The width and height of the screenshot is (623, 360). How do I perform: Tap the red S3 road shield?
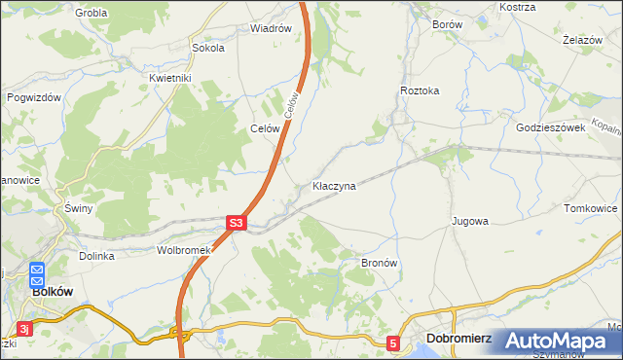(236, 223)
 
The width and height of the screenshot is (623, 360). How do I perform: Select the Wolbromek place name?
(184, 250)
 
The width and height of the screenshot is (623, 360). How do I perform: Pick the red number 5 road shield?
(392, 343)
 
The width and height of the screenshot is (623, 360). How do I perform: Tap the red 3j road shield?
(26, 329)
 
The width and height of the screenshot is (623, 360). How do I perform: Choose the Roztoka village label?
(420, 90)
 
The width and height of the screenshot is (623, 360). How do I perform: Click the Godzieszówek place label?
(550, 127)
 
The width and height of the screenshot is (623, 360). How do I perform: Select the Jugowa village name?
(469, 222)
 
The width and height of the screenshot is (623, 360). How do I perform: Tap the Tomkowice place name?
(591, 208)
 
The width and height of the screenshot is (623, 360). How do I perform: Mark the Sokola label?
(208, 47)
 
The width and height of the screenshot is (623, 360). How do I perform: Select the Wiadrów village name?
(271, 28)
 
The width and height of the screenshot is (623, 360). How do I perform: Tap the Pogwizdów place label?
(34, 97)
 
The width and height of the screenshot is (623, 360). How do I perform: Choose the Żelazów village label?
(585, 40)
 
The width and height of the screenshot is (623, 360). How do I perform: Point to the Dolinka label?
(97, 256)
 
